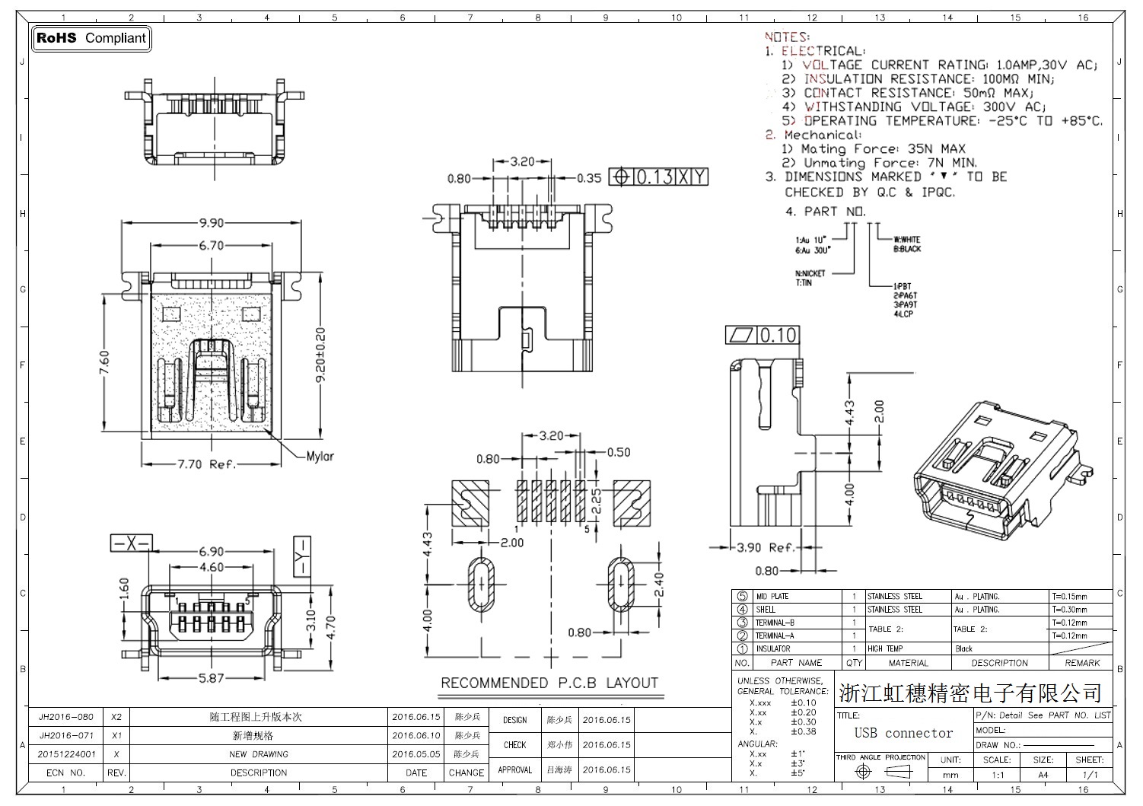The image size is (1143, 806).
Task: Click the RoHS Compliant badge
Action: [x=91, y=38]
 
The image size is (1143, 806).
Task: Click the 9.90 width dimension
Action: [x=211, y=223]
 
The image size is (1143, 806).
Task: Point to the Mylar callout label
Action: [x=320, y=457]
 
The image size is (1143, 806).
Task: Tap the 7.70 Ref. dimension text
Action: [x=207, y=464]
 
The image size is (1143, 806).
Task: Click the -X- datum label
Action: [x=131, y=543]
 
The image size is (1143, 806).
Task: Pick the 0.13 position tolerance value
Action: [x=654, y=177]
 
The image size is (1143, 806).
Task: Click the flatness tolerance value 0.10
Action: [x=778, y=335]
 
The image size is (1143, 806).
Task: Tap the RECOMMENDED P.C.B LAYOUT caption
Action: [x=549, y=683]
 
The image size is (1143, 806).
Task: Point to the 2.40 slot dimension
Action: [x=659, y=585]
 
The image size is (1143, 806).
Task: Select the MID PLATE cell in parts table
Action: [x=772, y=597]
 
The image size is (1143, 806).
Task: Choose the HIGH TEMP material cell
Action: [x=885, y=649]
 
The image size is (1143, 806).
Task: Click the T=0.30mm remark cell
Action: [x=1069, y=610]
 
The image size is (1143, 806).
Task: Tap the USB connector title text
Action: [x=903, y=733]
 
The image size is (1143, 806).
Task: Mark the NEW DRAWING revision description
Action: [x=259, y=754]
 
